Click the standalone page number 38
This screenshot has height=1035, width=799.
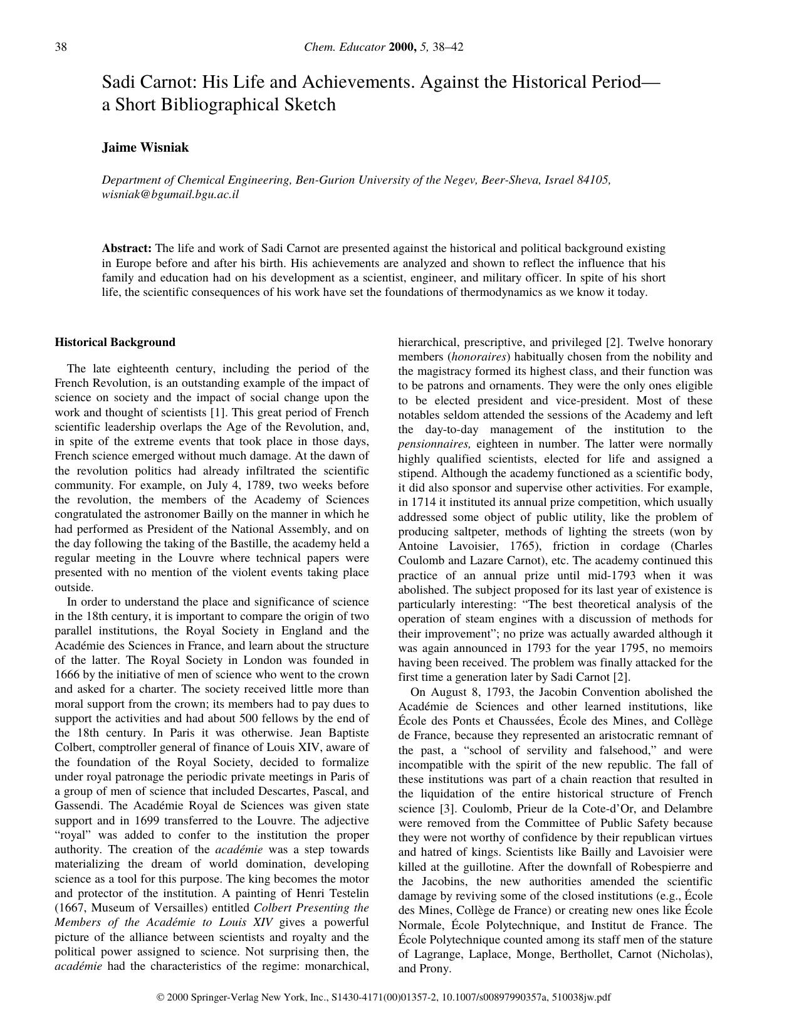(61, 47)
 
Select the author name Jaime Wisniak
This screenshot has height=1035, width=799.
(145, 148)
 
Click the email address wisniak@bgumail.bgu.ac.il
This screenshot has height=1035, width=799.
(170, 194)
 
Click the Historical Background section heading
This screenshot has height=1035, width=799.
(115, 342)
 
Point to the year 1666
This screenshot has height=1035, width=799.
(66, 675)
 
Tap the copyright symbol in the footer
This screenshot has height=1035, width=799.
(160, 997)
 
